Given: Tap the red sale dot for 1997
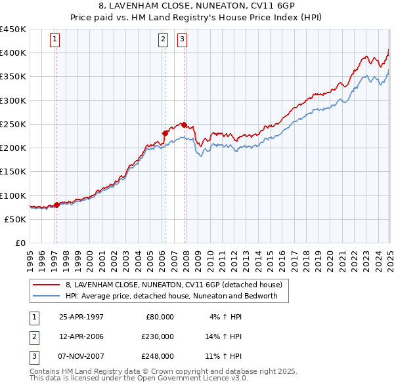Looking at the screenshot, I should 56,205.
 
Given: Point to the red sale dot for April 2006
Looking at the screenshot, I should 165,133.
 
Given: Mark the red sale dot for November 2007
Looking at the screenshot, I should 184,125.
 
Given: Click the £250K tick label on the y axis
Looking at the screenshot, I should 13,124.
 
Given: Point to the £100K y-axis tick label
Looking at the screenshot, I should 13,195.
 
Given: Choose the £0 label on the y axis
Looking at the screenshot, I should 20,243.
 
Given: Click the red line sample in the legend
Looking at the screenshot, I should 46,285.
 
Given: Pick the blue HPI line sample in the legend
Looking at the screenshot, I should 46,296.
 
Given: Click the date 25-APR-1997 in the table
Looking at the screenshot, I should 81,317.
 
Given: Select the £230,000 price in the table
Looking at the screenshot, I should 157,336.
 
